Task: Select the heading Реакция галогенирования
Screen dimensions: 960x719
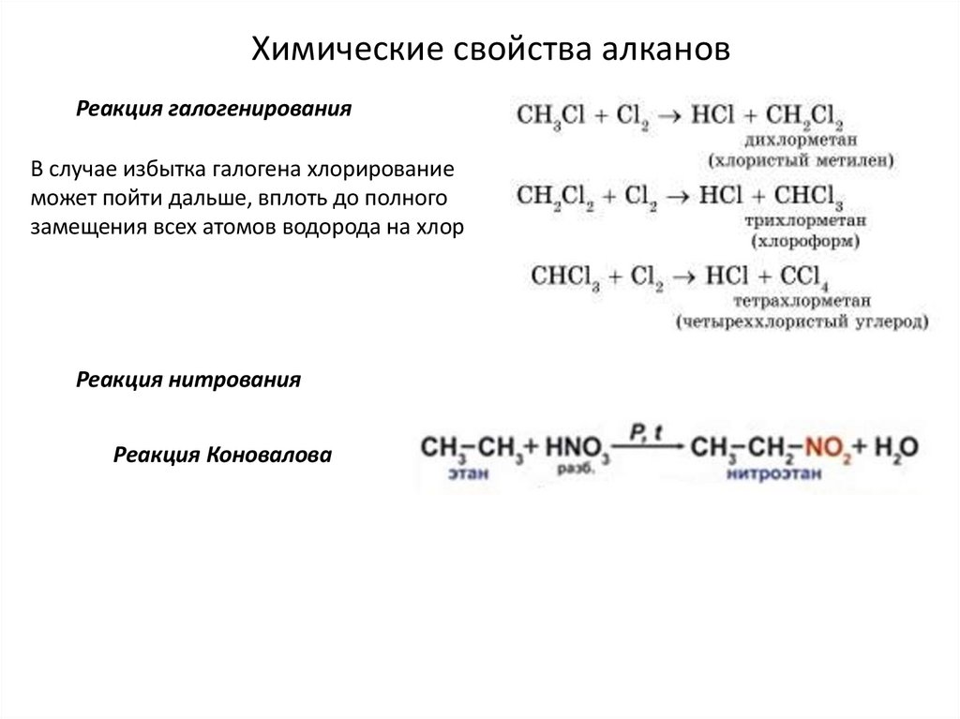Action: (x=214, y=110)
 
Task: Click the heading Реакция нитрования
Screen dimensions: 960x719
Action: (x=188, y=381)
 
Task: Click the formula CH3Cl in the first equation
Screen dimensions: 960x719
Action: (x=551, y=116)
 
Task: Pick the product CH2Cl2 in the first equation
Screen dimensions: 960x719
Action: (x=804, y=116)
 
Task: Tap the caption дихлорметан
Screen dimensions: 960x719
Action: (x=793, y=142)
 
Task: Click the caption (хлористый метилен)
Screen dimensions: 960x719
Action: (x=802, y=160)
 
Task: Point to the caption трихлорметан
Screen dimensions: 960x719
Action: (x=805, y=222)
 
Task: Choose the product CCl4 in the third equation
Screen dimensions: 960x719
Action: (x=799, y=277)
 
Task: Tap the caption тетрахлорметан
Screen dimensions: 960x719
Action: (x=802, y=302)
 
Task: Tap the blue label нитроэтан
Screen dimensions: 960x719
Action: (x=772, y=474)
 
